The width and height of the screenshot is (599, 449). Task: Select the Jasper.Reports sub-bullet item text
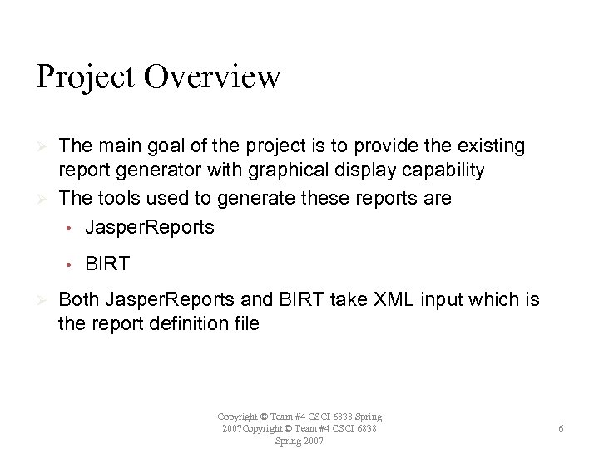coord(149,227)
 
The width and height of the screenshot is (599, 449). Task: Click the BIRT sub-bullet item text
coord(107,264)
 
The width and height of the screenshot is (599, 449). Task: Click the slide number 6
coord(562,428)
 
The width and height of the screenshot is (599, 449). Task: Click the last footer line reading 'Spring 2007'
coord(299,440)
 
